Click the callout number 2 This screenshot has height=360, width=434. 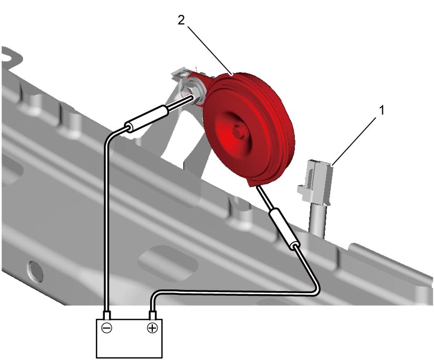[181, 20]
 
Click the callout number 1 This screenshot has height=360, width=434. [382, 111]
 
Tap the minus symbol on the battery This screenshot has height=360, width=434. [106, 328]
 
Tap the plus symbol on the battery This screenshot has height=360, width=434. [152, 328]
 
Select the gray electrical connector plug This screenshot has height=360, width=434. [315, 183]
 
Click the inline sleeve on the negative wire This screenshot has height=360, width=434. [146, 119]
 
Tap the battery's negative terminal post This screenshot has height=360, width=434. [106, 315]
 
